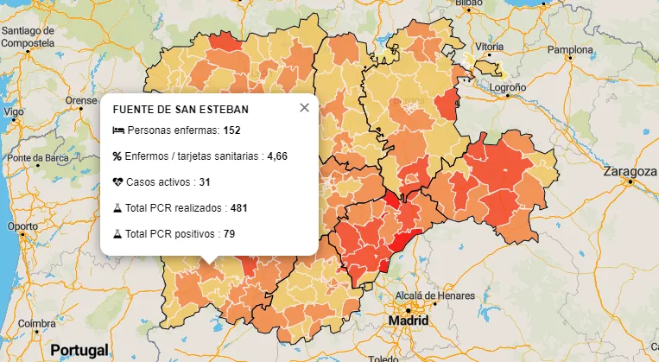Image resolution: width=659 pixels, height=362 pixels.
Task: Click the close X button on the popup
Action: [x=304, y=108]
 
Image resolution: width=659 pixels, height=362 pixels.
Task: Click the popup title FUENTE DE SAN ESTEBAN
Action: [x=181, y=110]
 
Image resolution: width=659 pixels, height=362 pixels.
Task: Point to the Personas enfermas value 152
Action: [x=231, y=130]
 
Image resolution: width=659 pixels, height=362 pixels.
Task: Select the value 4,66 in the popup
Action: [x=277, y=156]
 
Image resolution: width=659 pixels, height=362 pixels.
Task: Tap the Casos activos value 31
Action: [x=205, y=182]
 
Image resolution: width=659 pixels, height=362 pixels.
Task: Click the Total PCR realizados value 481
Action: [x=239, y=208]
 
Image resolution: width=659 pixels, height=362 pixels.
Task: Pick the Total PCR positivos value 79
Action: [x=229, y=234]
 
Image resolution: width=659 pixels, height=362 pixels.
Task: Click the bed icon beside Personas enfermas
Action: [x=118, y=130]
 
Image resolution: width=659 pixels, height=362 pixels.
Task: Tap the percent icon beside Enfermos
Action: [x=118, y=156]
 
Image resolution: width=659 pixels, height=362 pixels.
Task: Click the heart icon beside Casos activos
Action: [x=118, y=182]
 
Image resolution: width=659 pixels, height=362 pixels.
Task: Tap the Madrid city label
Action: [x=409, y=321]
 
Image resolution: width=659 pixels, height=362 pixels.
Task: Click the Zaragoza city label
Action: [x=630, y=171]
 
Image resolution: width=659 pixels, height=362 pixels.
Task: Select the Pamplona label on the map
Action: [x=570, y=50]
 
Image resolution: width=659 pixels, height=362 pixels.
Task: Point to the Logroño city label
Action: [x=508, y=88]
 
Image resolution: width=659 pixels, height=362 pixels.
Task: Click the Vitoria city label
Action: [x=489, y=46]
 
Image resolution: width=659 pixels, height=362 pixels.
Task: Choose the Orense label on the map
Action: [x=81, y=100]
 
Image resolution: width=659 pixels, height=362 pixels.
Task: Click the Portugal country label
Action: [x=79, y=350]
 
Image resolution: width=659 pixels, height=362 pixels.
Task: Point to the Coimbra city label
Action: [x=37, y=324]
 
